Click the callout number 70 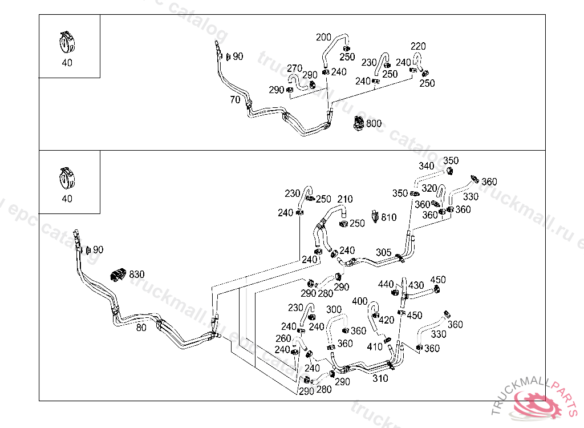pyautogui.click(x=235, y=100)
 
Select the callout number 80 pyautogui.click(x=141, y=328)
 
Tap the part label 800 pyautogui.click(x=374, y=123)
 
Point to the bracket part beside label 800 pyautogui.click(x=358, y=123)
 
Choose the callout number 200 pyautogui.click(x=323, y=38)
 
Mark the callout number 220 pyautogui.click(x=418, y=46)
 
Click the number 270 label pyautogui.click(x=294, y=68)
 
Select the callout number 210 pyautogui.click(x=345, y=199)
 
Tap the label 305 pyautogui.click(x=384, y=252)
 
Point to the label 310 pyautogui.click(x=380, y=378)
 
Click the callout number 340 pyautogui.click(x=427, y=166)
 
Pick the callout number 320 pyautogui.click(x=429, y=188)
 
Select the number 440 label pyautogui.click(x=386, y=284)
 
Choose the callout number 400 pyautogui.click(x=360, y=301)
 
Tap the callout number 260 pyautogui.click(x=283, y=338)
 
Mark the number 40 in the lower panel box pyautogui.click(x=67, y=199)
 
